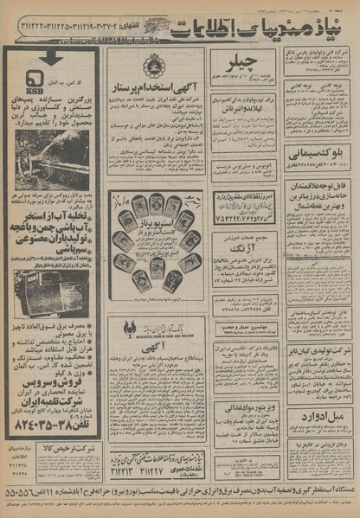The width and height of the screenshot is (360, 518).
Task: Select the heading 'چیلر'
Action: tap(240, 63)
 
